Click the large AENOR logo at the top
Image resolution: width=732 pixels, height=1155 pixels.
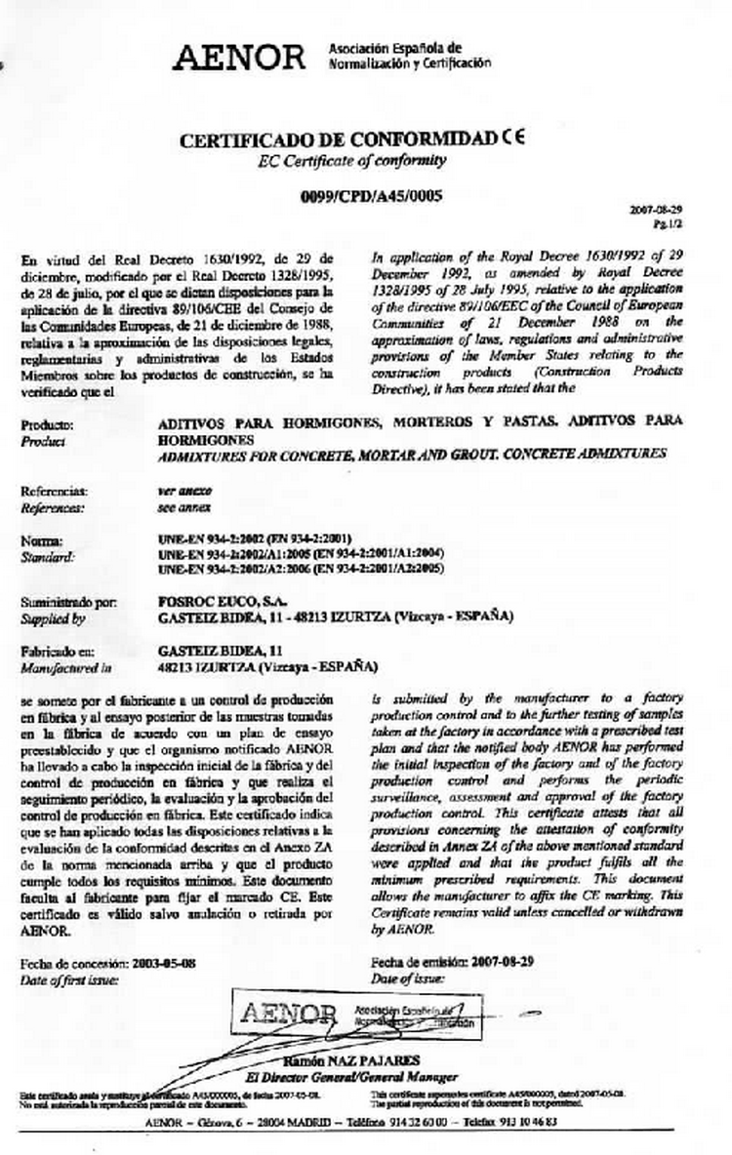[239, 58]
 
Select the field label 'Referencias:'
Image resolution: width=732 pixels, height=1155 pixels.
[55, 492]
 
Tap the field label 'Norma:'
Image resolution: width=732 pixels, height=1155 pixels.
[42, 539]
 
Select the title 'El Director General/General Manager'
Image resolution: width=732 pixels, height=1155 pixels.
[351, 1076]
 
